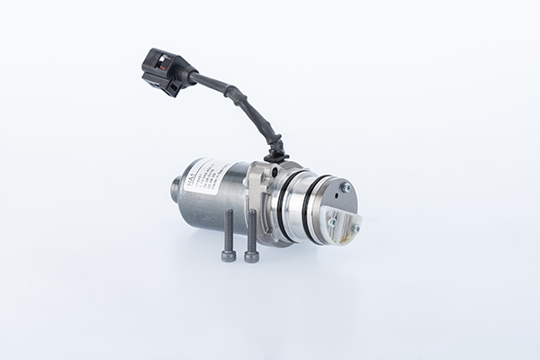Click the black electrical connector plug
tap(163, 67)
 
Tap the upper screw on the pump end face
tap(345, 187)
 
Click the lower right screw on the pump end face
tap(355, 229)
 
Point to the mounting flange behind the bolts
tap(256, 193)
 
